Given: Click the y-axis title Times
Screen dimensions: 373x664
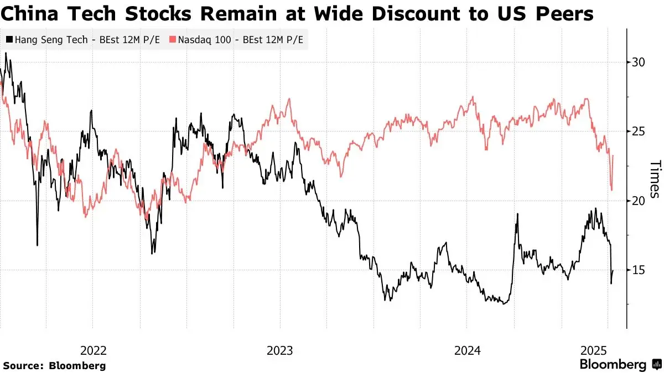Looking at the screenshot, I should coord(655,179).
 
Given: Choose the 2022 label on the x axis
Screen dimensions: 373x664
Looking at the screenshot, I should coord(94,350).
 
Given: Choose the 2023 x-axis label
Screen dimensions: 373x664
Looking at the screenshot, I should coord(280,350).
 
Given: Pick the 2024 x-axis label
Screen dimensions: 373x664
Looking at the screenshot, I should coord(467,350).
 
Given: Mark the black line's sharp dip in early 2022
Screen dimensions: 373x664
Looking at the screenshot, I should coord(37,245).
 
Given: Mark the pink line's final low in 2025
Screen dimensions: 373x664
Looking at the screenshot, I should coord(611,190).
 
